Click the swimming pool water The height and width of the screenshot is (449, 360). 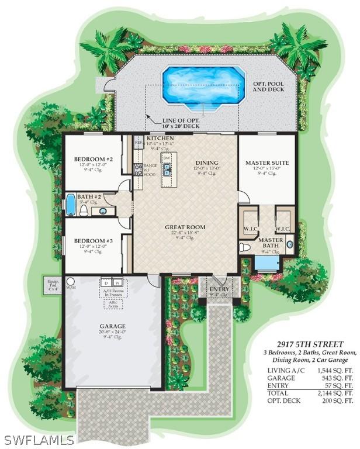(203, 85)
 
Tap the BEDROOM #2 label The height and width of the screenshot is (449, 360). (93, 159)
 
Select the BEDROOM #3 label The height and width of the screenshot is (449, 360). (93, 240)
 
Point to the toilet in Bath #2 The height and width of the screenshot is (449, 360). (84, 209)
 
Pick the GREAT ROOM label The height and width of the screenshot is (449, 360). (185, 227)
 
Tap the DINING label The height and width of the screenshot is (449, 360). (206, 163)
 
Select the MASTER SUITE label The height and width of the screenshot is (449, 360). (265, 163)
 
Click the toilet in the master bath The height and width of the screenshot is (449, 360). (246, 248)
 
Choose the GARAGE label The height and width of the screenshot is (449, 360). (112, 326)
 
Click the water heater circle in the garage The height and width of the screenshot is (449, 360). (70, 281)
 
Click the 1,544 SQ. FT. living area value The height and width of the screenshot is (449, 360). (335, 371)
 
